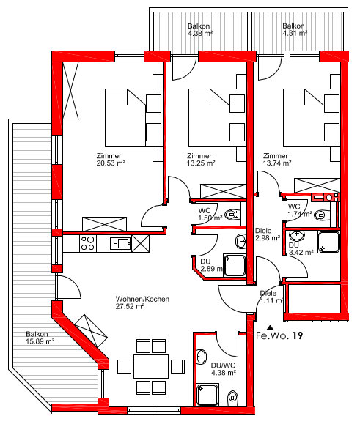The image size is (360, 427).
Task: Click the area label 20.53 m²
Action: [111, 163]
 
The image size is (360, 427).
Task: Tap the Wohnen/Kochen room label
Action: [142, 299]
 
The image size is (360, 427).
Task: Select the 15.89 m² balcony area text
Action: [40, 341]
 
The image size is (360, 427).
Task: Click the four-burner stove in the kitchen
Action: [88, 243]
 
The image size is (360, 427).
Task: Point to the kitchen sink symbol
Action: [120, 243]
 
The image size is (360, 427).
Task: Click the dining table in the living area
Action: [151, 366]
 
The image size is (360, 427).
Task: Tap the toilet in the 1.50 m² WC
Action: [232, 215]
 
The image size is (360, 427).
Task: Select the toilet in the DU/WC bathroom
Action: [232, 398]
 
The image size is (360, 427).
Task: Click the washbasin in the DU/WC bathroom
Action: [202, 357]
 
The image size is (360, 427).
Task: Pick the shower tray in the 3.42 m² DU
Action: [328, 242]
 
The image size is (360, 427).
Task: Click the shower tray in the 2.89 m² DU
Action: [235, 265]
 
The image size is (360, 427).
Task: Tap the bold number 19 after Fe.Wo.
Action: [298, 335]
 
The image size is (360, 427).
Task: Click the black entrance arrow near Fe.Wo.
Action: [270, 327]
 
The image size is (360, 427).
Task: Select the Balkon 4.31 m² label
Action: [295, 30]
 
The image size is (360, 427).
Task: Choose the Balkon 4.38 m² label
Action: [199, 30]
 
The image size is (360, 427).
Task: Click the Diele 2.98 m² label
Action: [268, 234]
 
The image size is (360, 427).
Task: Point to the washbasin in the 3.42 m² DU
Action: [297, 235]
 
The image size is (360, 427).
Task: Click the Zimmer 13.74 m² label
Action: [277, 160]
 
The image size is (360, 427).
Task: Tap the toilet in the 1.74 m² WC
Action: [321, 215]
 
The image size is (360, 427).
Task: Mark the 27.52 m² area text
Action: [130, 306]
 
